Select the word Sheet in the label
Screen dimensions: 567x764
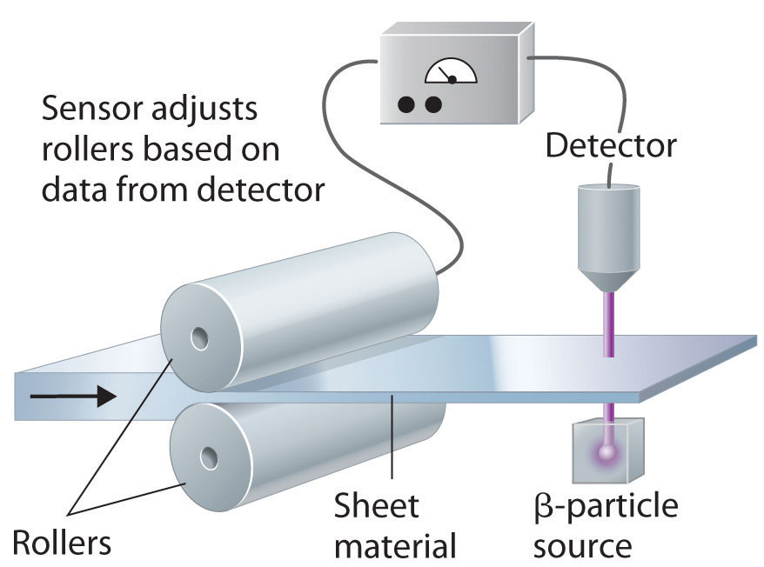tap(377, 505)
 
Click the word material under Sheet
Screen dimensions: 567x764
tap(396, 546)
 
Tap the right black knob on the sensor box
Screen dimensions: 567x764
tap(432, 104)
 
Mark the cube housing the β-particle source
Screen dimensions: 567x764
tap(607, 450)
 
